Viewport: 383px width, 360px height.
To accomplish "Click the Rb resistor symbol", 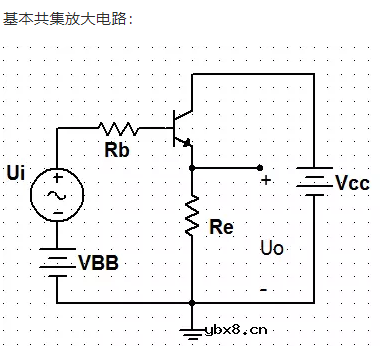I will pos(121,128).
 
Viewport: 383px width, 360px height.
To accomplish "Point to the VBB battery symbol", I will pos(57,261).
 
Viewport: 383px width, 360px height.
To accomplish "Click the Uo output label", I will pos(271,247).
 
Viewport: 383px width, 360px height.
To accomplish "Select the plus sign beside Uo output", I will pos(265,181).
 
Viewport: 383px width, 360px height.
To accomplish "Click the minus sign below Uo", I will pos(263,289).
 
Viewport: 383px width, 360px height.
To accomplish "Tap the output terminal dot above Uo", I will pos(260,168).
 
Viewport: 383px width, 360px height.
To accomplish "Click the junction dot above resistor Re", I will pos(190,168).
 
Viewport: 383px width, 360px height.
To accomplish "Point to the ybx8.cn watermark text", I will pos(235,329).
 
